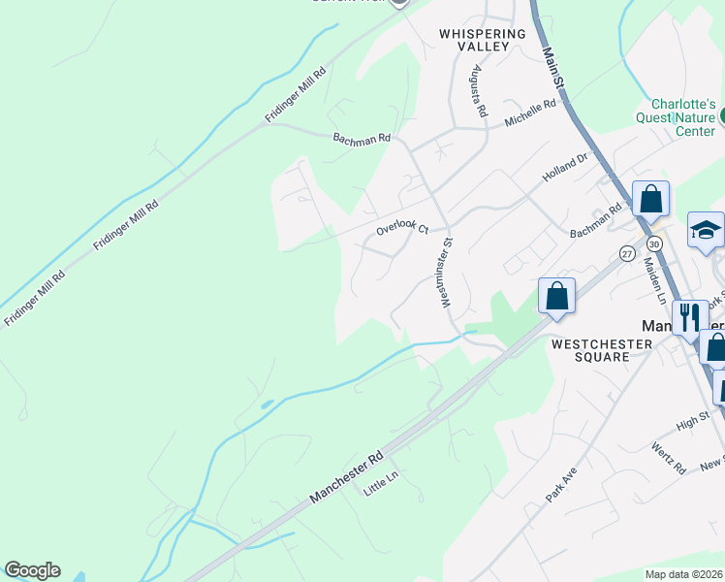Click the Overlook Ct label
(402, 228)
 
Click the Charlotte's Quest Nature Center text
(682, 117)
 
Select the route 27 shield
(627, 253)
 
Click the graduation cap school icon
(707, 232)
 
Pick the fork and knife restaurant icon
(690, 316)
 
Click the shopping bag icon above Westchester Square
(557, 297)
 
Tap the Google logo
(32, 570)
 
